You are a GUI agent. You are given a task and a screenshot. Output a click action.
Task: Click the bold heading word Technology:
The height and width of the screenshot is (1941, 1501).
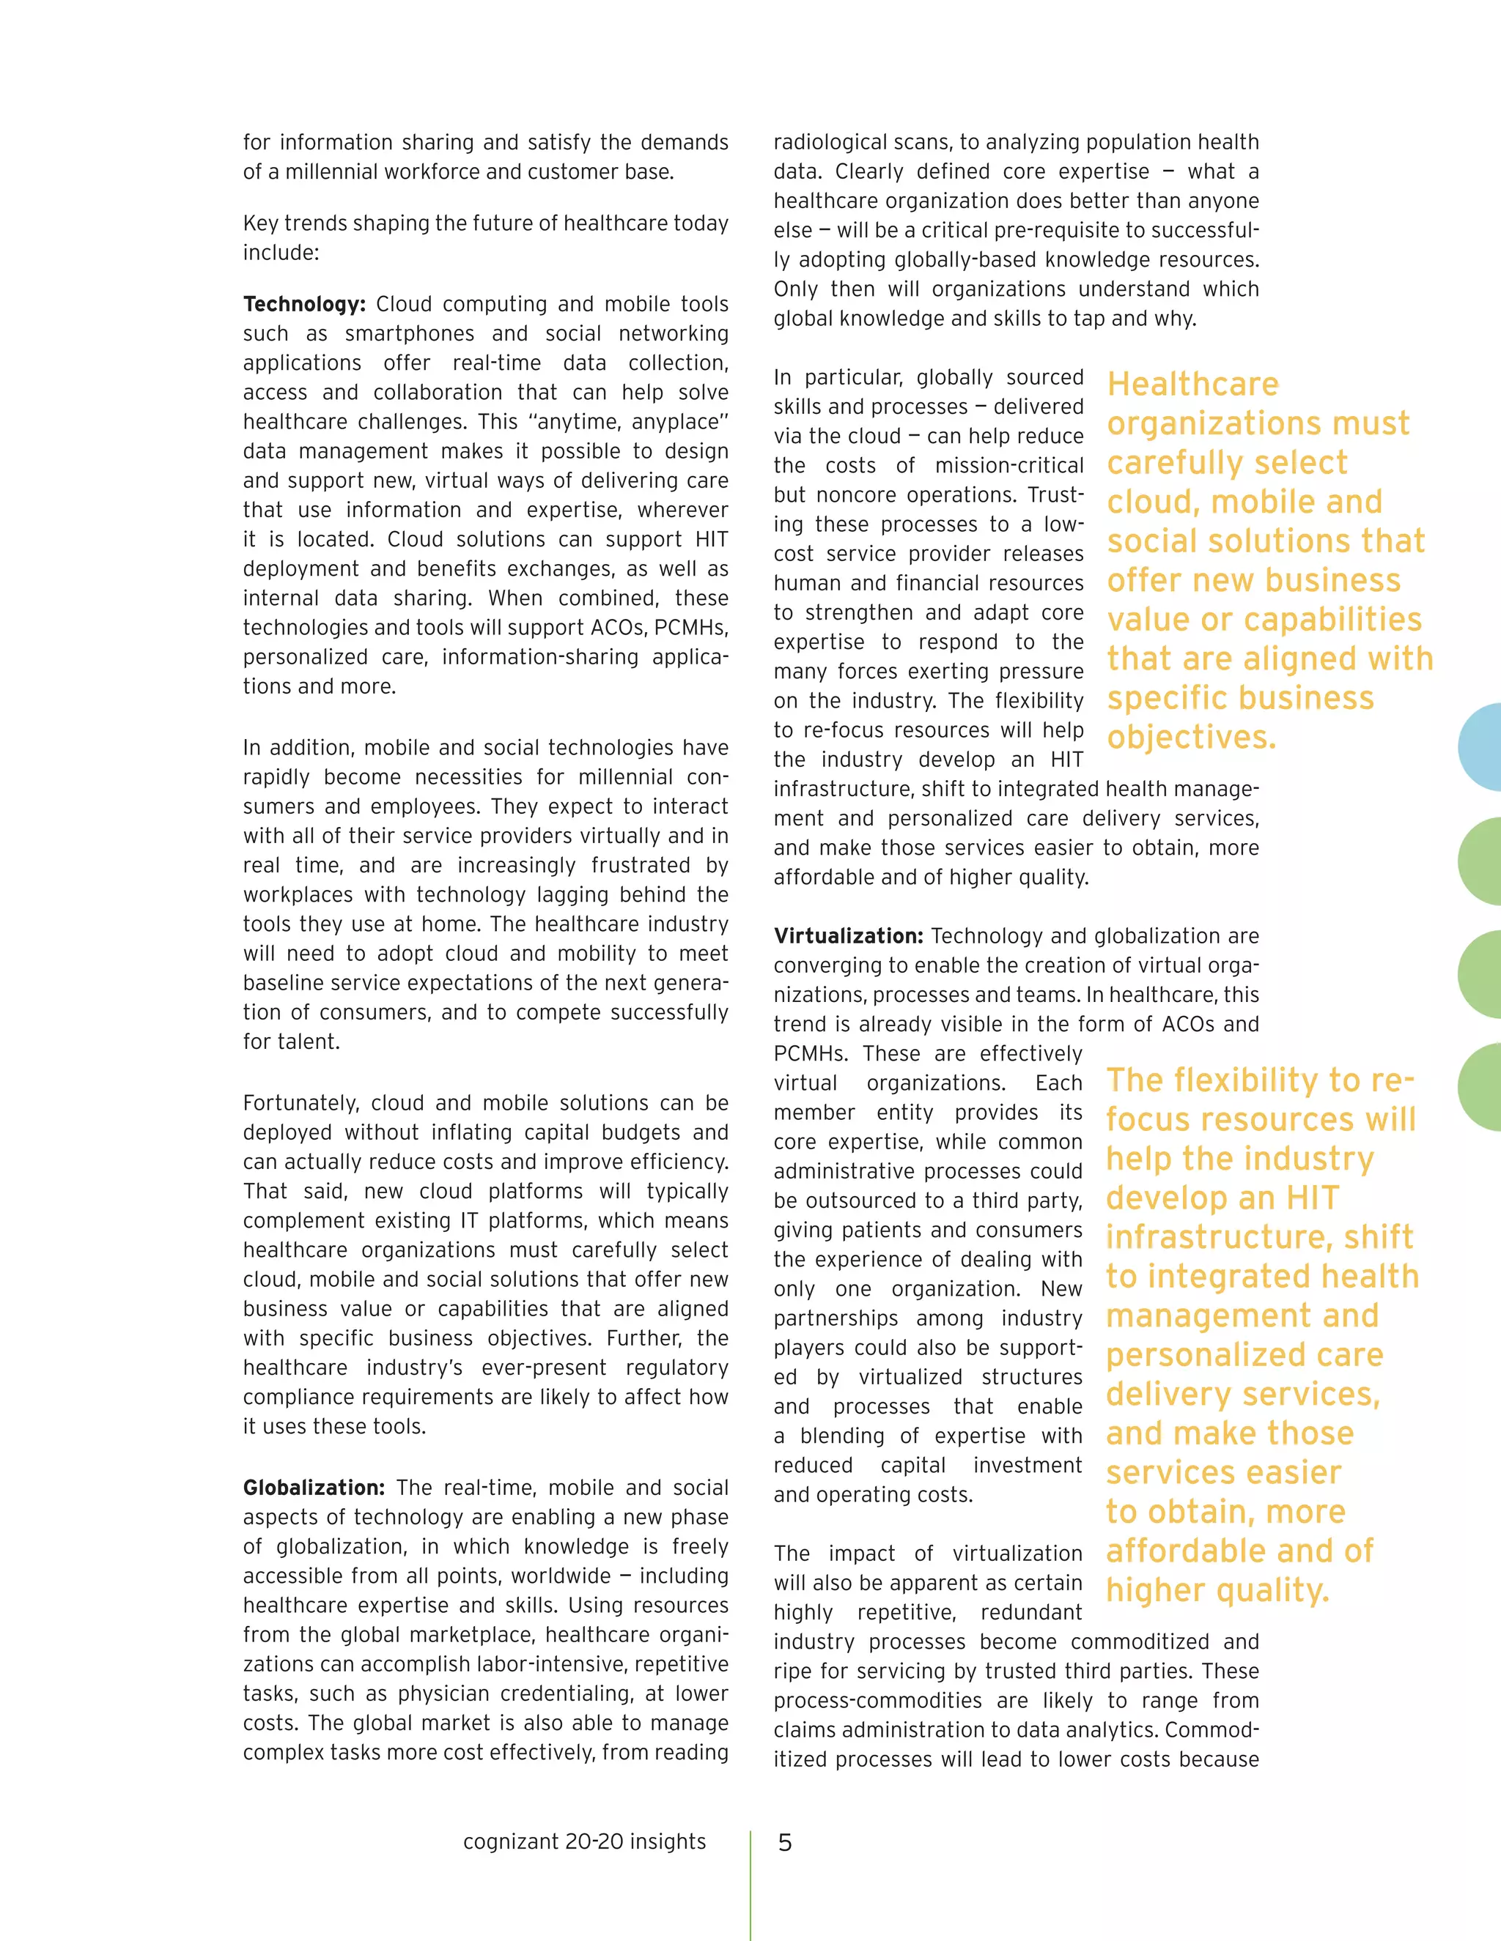pos(304,304)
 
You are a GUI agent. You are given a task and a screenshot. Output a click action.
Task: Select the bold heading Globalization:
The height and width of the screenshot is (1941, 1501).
pos(314,1488)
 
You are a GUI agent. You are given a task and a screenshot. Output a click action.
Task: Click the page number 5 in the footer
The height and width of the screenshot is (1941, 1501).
pos(784,1842)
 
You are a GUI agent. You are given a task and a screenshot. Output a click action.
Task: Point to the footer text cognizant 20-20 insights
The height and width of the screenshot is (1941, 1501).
pos(584,1841)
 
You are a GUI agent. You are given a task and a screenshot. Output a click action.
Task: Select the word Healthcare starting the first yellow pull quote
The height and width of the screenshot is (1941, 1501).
pos(1192,384)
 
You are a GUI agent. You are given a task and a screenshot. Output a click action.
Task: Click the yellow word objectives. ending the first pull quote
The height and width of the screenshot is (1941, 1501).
pos(1192,737)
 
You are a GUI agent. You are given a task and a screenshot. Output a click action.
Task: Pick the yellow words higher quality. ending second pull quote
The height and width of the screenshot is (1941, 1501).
pos(1217,1590)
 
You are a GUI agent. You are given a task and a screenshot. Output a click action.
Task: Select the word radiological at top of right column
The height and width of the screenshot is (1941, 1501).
pos(831,142)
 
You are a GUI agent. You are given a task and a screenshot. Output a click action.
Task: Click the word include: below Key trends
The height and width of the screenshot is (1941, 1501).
pos(280,253)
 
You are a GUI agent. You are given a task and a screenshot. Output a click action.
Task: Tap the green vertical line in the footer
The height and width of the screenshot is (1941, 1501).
pos(750,1884)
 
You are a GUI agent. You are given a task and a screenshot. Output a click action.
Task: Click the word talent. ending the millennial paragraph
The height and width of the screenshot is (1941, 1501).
pos(291,1042)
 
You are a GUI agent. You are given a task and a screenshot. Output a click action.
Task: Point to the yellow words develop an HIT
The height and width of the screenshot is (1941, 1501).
pos(1222,1198)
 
